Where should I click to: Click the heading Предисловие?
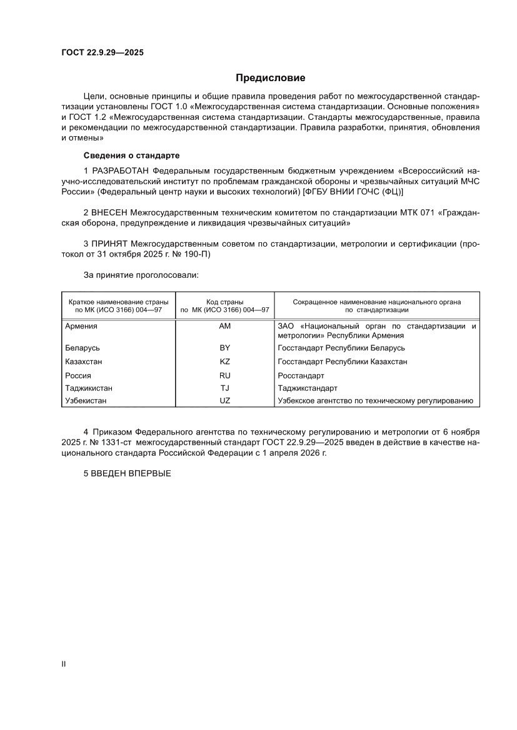click(270, 78)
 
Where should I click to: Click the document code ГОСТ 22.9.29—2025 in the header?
click(103, 53)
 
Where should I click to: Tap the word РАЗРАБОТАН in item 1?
click(121, 170)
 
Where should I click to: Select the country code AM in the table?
click(225, 326)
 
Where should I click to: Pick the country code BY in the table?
click(225, 348)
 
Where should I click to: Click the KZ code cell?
click(225, 362)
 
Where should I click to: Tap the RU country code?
click(225, 375)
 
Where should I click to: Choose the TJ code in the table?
click(225, 388)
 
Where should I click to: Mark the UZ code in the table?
click(225, 400)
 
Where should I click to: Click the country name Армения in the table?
click(81, 326)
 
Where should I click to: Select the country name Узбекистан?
click(86, 400)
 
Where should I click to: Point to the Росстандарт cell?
click(301, 376)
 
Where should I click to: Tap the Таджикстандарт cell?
click(307, 388)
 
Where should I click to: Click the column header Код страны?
click(224, 302)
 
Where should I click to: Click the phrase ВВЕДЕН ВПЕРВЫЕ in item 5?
click(128, 473)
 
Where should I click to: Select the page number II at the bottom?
click(63, 664)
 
